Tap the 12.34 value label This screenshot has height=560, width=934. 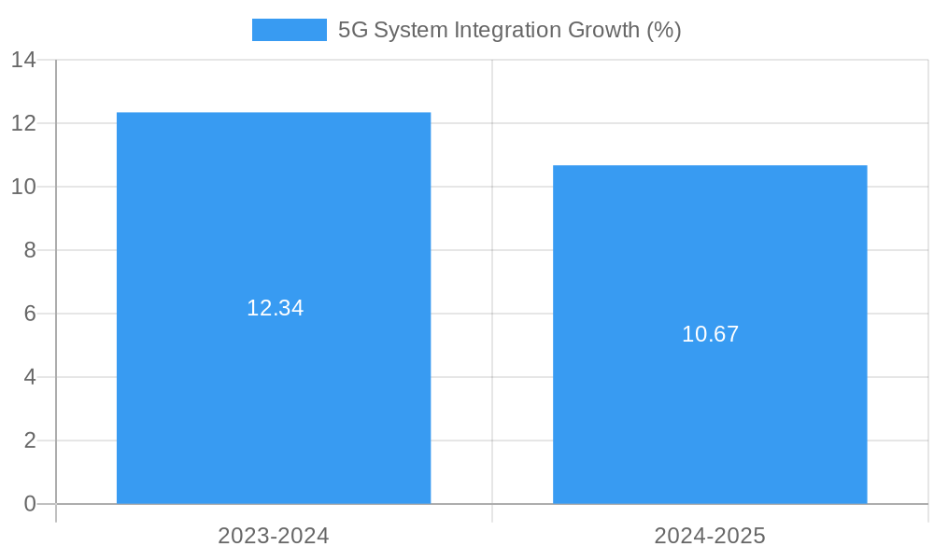(275, 308)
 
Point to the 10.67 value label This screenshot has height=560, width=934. (710, 334)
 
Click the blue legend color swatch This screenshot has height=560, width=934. (290, 30)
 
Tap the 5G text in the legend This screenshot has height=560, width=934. (353, 30)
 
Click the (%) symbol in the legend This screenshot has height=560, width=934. (664, 30)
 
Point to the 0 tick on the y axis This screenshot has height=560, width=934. (30, 504)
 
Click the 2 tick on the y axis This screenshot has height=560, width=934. (30, 441)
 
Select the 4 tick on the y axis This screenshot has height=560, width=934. (30, 377)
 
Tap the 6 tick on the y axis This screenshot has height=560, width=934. (30, 314)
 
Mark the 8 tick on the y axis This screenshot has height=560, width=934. (30, 250)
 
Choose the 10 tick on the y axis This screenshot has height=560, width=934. (23, 187)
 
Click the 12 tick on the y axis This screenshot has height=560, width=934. (23, 123)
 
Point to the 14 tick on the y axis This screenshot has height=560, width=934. (23, 60)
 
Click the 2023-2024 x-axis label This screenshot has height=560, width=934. (274, 536)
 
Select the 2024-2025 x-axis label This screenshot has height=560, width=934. (710, 536)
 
